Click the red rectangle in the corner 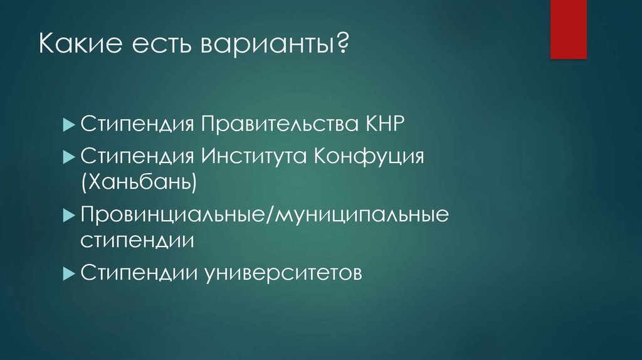pos(568,29)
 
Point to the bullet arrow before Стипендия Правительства pos(70,124)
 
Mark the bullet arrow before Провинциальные pos(70,216)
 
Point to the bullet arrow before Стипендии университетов pos(70,273)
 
